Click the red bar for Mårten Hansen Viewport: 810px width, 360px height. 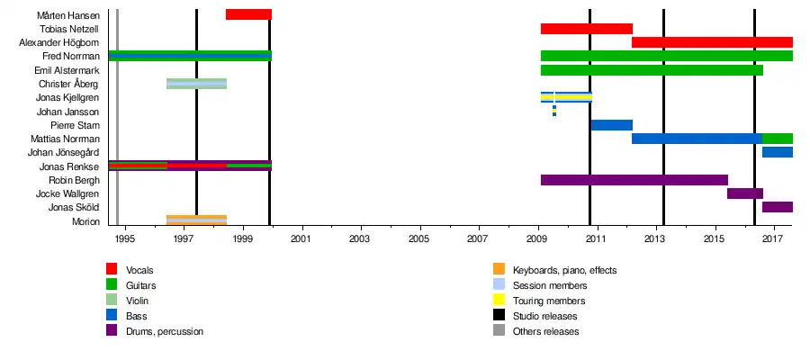[248, 14]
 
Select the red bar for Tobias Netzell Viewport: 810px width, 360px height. [586, 29]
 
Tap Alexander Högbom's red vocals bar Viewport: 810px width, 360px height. [712, 42]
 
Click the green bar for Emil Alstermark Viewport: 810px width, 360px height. [652, 70]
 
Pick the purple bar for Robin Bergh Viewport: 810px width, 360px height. [634, 180]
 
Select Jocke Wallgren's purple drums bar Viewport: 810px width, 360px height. [745, 193]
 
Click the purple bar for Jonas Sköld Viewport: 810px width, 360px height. [778, 207]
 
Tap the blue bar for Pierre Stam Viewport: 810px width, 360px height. [612, 125]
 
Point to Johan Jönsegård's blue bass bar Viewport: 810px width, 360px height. [778, 152]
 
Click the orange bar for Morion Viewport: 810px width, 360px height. [196, 220]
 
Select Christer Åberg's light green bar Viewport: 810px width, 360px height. [196, 84]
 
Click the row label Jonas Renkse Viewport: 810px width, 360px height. [69, 166]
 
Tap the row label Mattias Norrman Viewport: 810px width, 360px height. [65, 139]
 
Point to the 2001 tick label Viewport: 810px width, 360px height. [301, 238]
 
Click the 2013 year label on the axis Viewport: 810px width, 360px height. [655, 238]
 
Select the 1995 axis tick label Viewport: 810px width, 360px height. [124, 238]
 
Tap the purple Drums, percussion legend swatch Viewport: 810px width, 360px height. [112, 331]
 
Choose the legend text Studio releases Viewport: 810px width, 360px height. [544, 316]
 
